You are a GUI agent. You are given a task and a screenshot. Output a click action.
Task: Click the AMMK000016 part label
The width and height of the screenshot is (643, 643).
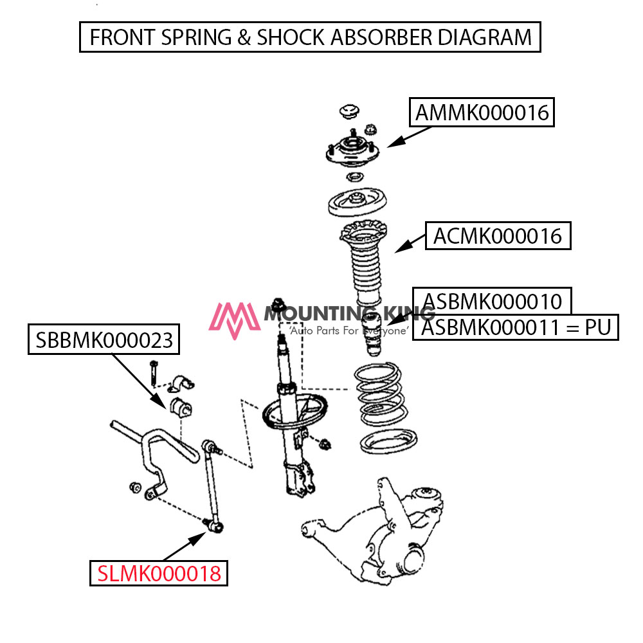[x=482, y=113]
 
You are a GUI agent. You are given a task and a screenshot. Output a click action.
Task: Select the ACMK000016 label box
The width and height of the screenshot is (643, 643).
[x=498, y=236]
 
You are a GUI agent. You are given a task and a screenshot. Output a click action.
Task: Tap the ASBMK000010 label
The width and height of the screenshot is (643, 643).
[x=492, y=301]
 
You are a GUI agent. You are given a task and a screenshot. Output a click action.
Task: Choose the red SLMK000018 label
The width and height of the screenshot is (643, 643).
[x=159, y=572]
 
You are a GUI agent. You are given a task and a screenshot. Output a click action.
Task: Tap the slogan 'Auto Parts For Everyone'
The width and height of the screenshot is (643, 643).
[x=349, y=331]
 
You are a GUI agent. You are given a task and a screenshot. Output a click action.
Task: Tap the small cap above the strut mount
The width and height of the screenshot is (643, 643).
[x=349, y=111]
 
